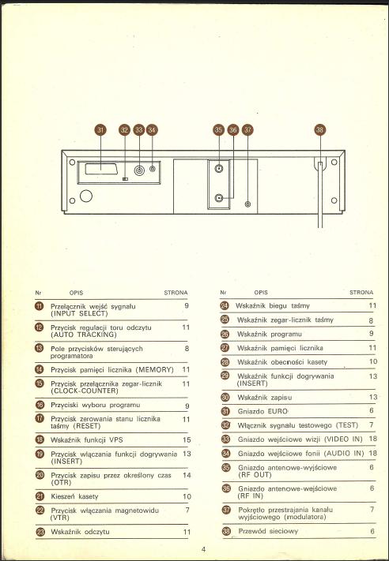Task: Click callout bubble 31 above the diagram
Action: tap(100, 129)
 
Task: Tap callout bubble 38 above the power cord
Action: tap(320, 129)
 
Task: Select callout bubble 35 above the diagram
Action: tap(219, 129)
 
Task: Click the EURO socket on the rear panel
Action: tap(101, 169)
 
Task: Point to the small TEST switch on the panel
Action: tap(125, 178)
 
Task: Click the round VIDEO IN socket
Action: tap(139, 170)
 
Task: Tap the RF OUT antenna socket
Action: tap(219, 167)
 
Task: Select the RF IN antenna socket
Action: tap(219, 198)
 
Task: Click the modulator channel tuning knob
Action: tap(247, 204)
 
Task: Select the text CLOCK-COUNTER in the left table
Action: tap(85, 391)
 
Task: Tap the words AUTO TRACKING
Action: tap(84, 335)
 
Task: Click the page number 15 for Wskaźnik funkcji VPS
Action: tap(187, 439)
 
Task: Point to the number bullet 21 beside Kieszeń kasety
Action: tap(40, 496)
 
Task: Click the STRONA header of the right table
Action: tap(361, 292)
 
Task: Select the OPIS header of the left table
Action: tap(76, 293)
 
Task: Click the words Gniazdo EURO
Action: tap(262, 411)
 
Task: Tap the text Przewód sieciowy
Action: tap(268, 531)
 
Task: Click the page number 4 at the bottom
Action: tap(204, 549)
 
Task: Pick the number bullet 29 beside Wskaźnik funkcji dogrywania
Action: tap(225, 376)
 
